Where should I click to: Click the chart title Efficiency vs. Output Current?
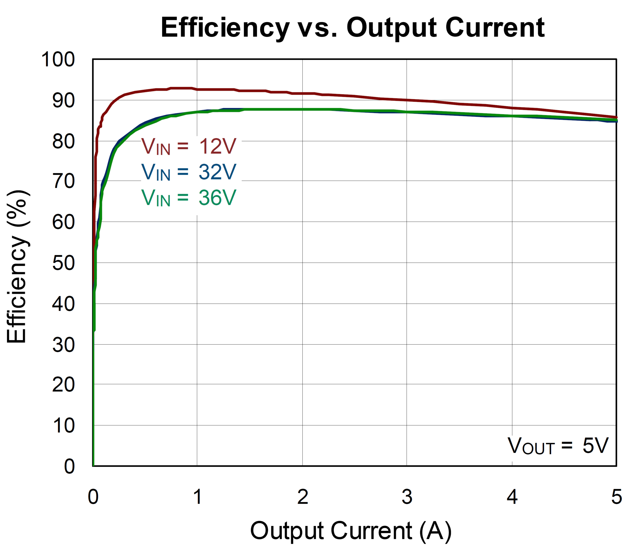click(353, 28)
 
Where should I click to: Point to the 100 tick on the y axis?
click(58, 59)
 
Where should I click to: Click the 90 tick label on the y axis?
click(63, 101)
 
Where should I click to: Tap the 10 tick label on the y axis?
click(63, 426)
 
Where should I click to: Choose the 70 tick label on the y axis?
click(63, 181)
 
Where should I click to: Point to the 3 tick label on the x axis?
click(407, 497)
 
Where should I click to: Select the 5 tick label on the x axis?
click(616, 497)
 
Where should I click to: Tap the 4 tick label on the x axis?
click(512, 497)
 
